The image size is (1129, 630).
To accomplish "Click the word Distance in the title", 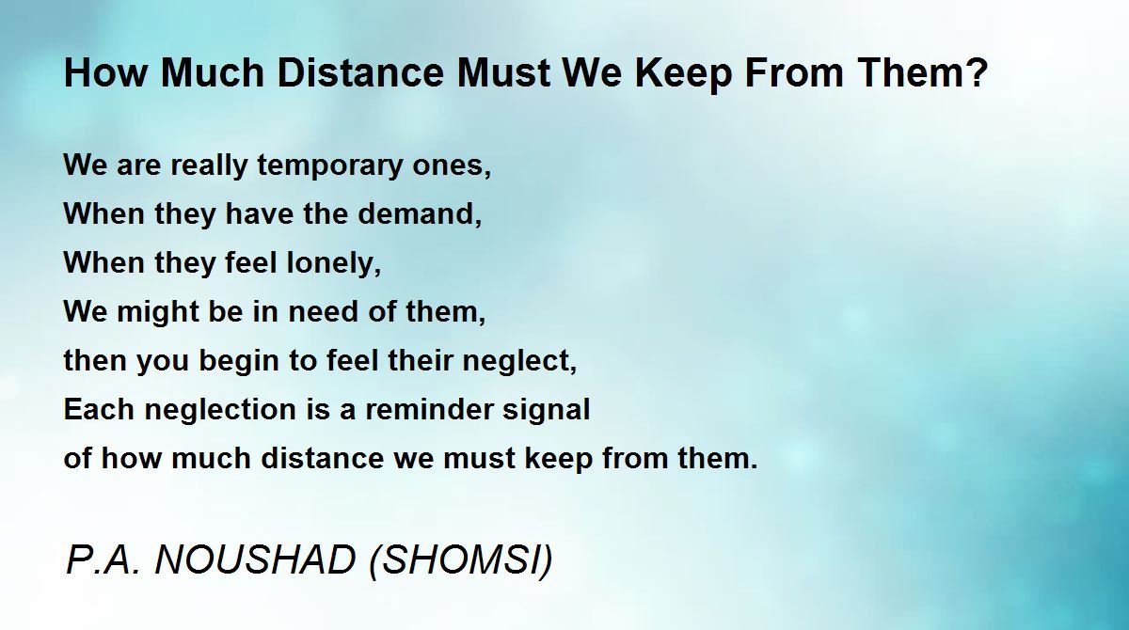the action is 360,72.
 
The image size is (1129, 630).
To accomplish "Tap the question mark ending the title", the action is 978,72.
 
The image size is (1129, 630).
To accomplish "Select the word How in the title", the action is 105,72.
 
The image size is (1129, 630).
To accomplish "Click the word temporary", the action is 329,166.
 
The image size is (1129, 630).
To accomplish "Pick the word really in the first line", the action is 210,166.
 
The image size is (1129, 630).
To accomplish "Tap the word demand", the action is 420,214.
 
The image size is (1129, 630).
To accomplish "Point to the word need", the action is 324,312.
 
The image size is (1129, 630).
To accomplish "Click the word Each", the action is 100,409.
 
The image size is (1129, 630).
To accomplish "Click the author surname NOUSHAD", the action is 256,560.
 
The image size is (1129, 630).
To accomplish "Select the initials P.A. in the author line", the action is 103,560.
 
